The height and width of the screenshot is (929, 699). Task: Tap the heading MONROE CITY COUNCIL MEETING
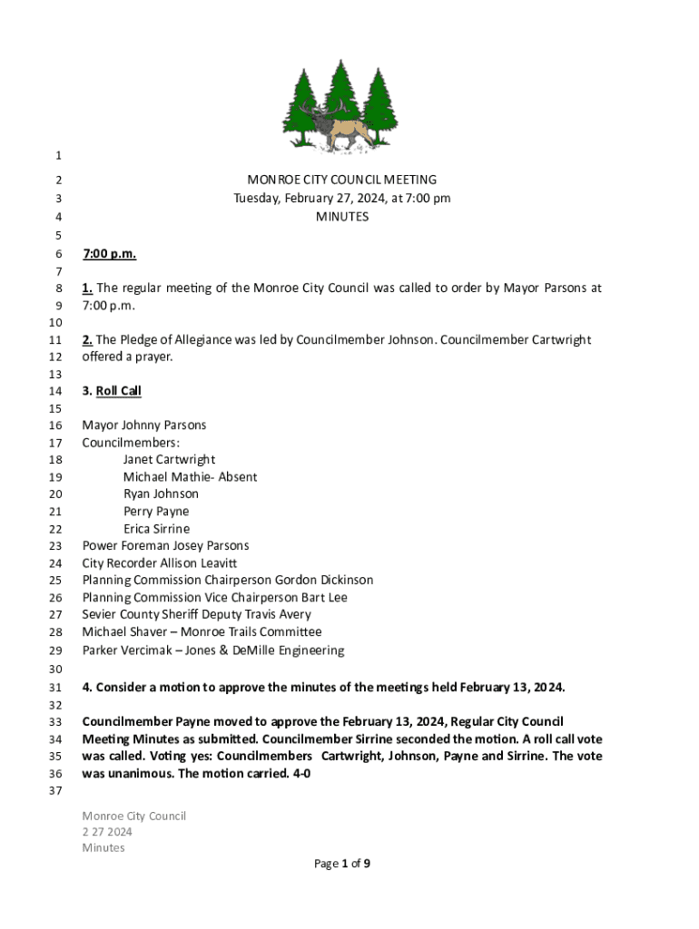[341, 181]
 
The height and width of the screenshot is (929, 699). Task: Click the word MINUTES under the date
[341, 217]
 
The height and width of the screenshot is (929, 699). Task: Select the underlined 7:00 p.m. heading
[109, 254]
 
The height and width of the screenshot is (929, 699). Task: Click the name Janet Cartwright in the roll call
[169, 460]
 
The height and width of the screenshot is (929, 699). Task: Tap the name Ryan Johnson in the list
[161, 494]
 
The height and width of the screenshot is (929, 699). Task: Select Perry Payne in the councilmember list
[156, 512]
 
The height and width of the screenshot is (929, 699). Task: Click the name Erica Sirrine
[156, 529]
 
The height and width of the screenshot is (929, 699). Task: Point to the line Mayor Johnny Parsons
[143, 425]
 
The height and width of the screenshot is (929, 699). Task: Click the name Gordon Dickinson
[324, 581]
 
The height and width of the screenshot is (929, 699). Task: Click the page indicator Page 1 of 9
[341, 864]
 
